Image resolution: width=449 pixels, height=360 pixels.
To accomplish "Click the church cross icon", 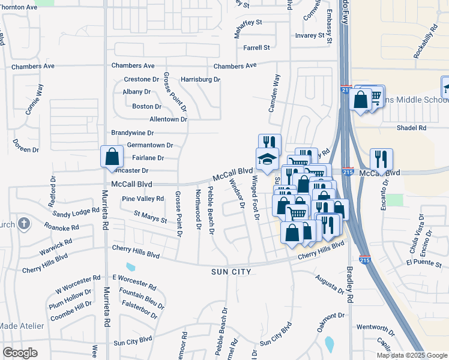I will [23, 224].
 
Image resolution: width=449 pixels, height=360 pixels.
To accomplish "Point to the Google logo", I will [20, 352].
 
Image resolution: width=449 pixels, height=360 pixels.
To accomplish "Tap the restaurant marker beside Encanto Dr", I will [381, 160].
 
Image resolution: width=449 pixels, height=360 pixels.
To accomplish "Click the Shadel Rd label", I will [411, 128].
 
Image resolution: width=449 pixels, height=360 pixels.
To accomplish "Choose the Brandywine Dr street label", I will [133, 133].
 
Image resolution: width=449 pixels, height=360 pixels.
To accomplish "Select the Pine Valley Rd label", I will [143, 199].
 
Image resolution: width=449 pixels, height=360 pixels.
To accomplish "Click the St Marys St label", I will [150, 216].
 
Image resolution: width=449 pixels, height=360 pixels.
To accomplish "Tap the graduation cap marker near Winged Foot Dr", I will [268, 159].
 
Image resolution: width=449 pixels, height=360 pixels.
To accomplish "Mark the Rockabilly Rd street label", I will [425, 42].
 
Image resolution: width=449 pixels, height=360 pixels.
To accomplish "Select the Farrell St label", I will [256, 47].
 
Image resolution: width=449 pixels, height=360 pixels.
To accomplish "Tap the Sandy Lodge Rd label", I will [76, 212].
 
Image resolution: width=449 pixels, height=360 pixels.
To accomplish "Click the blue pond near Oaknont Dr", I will [330, 344].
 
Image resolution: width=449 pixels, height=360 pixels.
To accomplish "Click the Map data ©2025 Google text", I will [411, 355].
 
